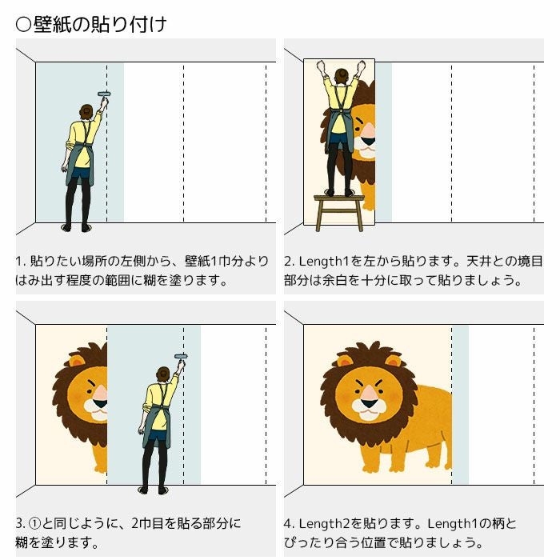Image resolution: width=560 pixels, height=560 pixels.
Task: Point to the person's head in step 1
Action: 86,112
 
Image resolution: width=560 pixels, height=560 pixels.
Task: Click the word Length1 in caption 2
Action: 323,262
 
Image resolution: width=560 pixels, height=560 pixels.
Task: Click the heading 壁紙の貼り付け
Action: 100,24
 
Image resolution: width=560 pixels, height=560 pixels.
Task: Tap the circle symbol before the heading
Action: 23,25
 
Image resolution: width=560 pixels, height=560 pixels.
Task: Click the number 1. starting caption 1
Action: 20,262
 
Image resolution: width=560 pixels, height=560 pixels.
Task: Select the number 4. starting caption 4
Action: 289,524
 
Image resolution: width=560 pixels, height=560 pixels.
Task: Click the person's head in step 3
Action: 163,374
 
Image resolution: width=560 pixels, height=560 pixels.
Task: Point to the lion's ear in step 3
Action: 78,361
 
